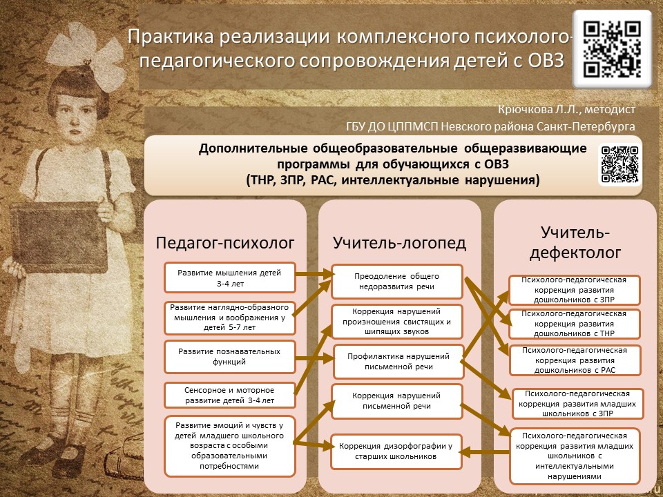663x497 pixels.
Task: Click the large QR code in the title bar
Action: pos(612,49)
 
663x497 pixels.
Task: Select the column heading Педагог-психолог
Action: pos(225,242)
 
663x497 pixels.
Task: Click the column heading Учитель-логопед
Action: pos(399,242)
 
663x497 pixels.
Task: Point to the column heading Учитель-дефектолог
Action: pos(575,242)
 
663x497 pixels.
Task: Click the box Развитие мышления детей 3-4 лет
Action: pos(230,277)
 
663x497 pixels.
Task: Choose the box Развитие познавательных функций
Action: pos(230,356)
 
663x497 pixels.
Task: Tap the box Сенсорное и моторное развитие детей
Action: pos(230,395)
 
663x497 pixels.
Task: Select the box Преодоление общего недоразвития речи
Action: pos(397,282)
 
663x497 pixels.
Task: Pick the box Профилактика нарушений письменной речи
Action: pos(397,361)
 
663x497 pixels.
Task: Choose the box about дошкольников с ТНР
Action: pos(575,324)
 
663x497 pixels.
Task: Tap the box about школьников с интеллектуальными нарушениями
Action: pos(575,456)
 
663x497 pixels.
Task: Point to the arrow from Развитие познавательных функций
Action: pos(315,358)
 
